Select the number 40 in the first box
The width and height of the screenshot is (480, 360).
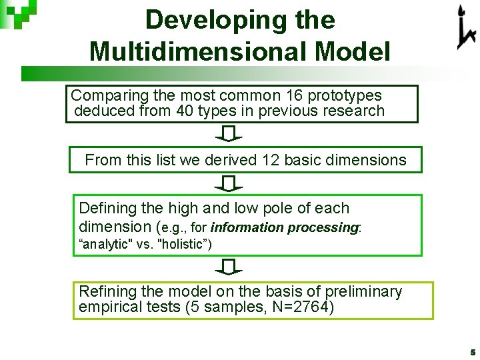(x=185, y=111)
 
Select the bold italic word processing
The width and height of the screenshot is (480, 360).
(x=323, y=227)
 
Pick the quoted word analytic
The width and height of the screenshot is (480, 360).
(x=106, y=244)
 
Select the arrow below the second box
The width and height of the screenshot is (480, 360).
(x=228, y=183)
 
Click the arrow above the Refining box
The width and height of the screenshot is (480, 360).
(x=228, y=267)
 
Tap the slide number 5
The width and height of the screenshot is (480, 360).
(x=471, y=351)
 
